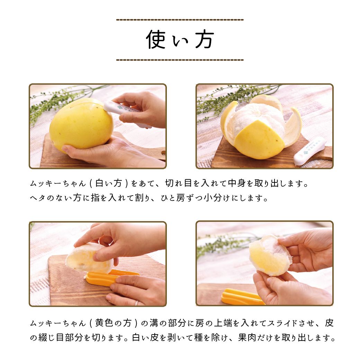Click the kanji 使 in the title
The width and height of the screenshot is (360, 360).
pos(156,39)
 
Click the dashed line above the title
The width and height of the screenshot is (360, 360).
pos(180,20)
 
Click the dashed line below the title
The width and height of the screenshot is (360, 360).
pos(180,60)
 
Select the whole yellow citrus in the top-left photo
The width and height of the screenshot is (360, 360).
pos(81,124)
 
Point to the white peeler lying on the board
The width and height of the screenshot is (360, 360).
pos(310,151)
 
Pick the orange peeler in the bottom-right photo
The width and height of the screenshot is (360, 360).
pos(241,297)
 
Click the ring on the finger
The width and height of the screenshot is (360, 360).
pos(136,303)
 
